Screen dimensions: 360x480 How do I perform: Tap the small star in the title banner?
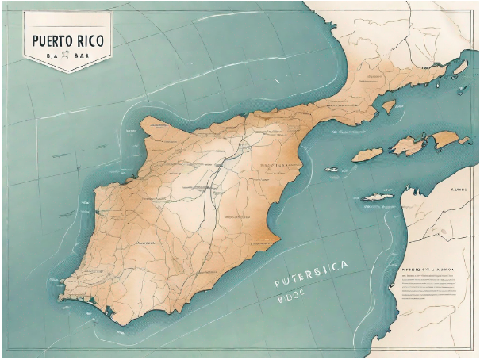point(67,56)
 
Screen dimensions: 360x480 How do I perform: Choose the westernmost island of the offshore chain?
point(367,155)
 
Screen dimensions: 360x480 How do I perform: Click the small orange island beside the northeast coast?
point(389,106)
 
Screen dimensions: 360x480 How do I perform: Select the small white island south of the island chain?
point(378,197)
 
